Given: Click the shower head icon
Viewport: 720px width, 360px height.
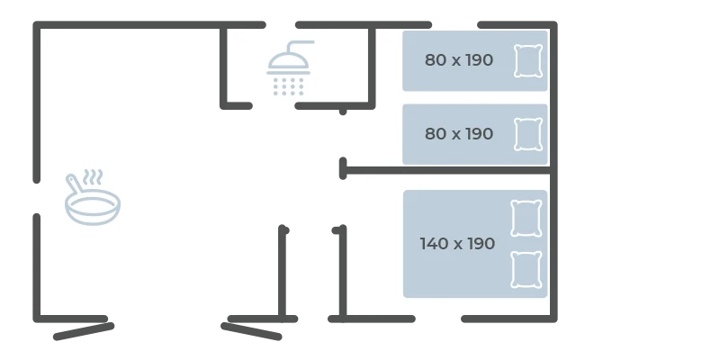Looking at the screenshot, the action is click(288, 68).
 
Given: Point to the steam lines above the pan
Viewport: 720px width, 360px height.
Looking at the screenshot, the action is click(94, 176).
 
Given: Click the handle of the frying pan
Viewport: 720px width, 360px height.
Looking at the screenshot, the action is click(75, 184).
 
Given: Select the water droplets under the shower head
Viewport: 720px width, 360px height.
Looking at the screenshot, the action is click(288, 86).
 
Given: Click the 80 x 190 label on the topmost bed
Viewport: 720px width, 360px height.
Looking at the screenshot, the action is click(459, 60).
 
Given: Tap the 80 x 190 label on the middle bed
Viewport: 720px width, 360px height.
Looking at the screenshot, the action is click(459, 133).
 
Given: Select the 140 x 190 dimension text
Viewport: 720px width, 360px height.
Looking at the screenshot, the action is click(457, 243).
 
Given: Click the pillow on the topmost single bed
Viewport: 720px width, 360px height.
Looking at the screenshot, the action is click(528, 60).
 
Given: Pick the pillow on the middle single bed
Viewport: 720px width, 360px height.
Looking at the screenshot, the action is click(528, 134).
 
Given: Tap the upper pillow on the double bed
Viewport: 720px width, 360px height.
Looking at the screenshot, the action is click(526, 218).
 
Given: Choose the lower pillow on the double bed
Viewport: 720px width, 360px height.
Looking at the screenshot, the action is click(526, 269).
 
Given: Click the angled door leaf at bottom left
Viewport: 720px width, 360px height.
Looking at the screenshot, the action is click(84, 331).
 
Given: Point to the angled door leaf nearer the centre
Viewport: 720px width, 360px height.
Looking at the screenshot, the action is click(251, 331).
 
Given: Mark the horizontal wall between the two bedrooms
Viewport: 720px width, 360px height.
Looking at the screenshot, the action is click(447, 170).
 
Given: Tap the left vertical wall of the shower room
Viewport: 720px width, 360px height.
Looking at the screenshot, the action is click(223, 66).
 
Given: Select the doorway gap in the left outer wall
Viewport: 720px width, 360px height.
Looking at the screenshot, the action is click(37, 198).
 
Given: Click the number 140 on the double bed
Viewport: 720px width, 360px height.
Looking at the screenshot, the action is click(433, 243).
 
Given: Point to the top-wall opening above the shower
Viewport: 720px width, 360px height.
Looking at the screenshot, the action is click(281, 25).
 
